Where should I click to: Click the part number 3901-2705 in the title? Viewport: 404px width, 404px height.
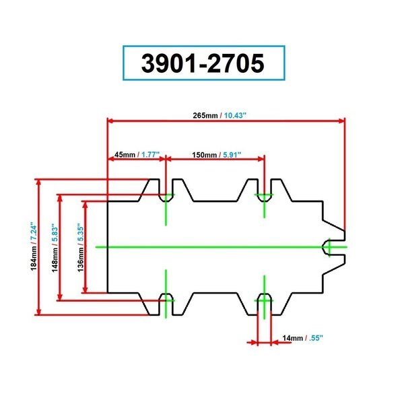pyautogui.click(x=203, y=63)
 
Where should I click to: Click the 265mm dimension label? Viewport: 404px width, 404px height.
pyautogui.click(x=205, y=115)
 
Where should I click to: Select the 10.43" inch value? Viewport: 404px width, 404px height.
pyautogui.click(x=235, y=115)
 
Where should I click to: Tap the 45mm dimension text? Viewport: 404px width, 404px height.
pyautogui.click(x=125, y=155)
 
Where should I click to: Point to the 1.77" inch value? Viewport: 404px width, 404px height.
pyautogui.click(x=150, y=155)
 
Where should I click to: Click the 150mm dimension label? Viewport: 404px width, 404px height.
pyautogui.click(x=204, y=155)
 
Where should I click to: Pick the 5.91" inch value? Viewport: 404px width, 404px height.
pyautogui.click(x=232, y=155)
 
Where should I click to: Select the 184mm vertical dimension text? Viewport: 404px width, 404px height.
pyautogui.click(x=34, y=259)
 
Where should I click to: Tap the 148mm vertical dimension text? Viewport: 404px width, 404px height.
pyautogui.click(x=55, y=260)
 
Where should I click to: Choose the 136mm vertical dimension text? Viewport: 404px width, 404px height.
pyautogui.click(x=81, y=260)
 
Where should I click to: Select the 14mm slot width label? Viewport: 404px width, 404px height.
pyautogui.click(x=292, y=338)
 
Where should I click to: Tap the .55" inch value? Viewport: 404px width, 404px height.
pyautogui.click(x=316, y=338)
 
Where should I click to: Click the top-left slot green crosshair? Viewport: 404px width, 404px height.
pyautogui.click(x=166, y=195)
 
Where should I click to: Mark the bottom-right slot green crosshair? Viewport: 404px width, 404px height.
pyautogui.click(x=264, y=300)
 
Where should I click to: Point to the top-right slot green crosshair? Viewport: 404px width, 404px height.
pyautogui.click(x=264, y=195)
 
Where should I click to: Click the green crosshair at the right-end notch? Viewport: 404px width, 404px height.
pyautogui.click(x=329, y=247)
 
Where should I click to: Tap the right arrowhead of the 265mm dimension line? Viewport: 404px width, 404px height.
pyautogui.click(x=342, y=121)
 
